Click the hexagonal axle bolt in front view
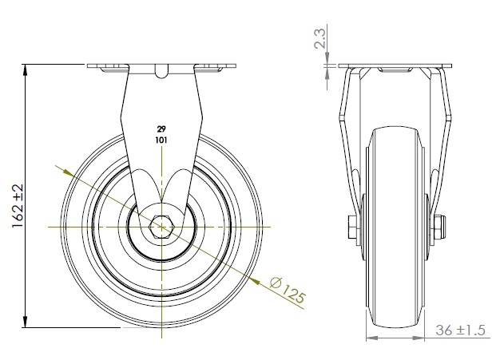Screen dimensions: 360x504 (162, 227)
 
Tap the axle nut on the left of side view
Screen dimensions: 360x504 (352, 228)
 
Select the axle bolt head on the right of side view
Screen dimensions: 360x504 (439, 228)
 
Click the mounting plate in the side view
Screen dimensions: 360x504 (395, 65)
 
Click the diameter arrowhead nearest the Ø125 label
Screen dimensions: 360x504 (255, 279)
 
